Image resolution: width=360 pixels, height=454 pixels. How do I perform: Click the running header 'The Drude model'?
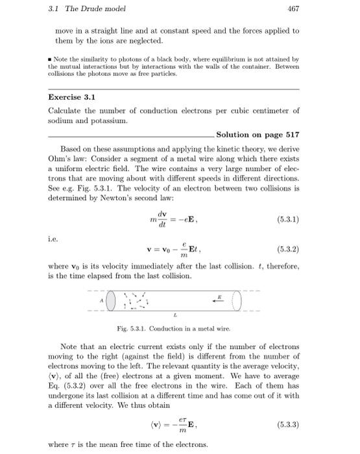coord(85,8)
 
